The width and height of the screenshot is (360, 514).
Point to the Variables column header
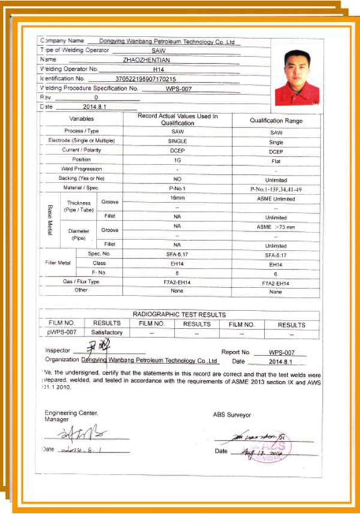(x=82, y=119)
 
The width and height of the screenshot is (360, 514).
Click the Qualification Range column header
(x=275, y=120)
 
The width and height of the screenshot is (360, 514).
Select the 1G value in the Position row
(x=177, y=160)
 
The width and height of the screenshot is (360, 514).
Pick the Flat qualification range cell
(x=275, y=161)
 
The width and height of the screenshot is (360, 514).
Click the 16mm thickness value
(x=177, y=197)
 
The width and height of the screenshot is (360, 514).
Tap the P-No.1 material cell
(x=177, y=188)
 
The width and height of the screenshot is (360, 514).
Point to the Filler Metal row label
(x=58, y=263)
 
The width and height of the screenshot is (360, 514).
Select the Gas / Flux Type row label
(x=82, y=281)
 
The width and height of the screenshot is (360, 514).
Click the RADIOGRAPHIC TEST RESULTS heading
(x=179, y=315)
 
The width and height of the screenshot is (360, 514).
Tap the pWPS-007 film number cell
(x=61, y=333)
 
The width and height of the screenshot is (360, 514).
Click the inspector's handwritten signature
(x=93, y=347)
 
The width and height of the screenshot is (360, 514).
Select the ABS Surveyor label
(x=232, y=414)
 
